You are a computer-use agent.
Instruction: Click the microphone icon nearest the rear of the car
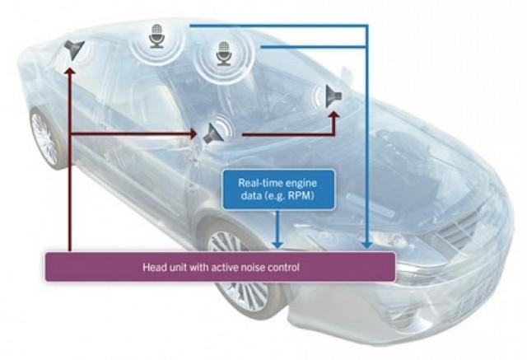[156, 36]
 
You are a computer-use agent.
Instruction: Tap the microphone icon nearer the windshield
[224, 54]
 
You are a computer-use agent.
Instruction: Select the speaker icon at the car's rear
[74, 49]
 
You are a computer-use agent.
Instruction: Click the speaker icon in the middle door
[214, 133]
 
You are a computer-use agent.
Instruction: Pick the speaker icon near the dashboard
[333, 96]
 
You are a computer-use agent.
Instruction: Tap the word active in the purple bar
[224, 268]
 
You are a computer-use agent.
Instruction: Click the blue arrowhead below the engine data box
[277, 244]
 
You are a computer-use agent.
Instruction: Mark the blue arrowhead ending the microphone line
[367, 244]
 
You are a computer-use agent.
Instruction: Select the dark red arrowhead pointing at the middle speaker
[193, 134]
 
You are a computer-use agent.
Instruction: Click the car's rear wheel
[45, 138]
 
